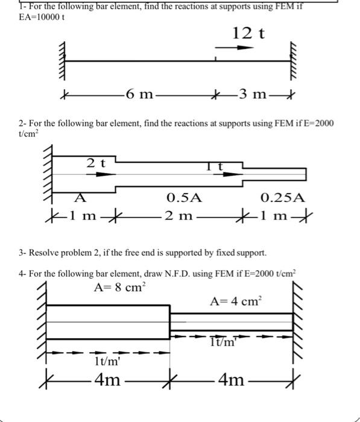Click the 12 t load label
(248, 33)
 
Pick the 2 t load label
(95, 162)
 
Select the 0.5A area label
(185, 197)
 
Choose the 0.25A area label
(282, 197)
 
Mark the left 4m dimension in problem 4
(109, 380)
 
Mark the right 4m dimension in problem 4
(232, 380)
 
